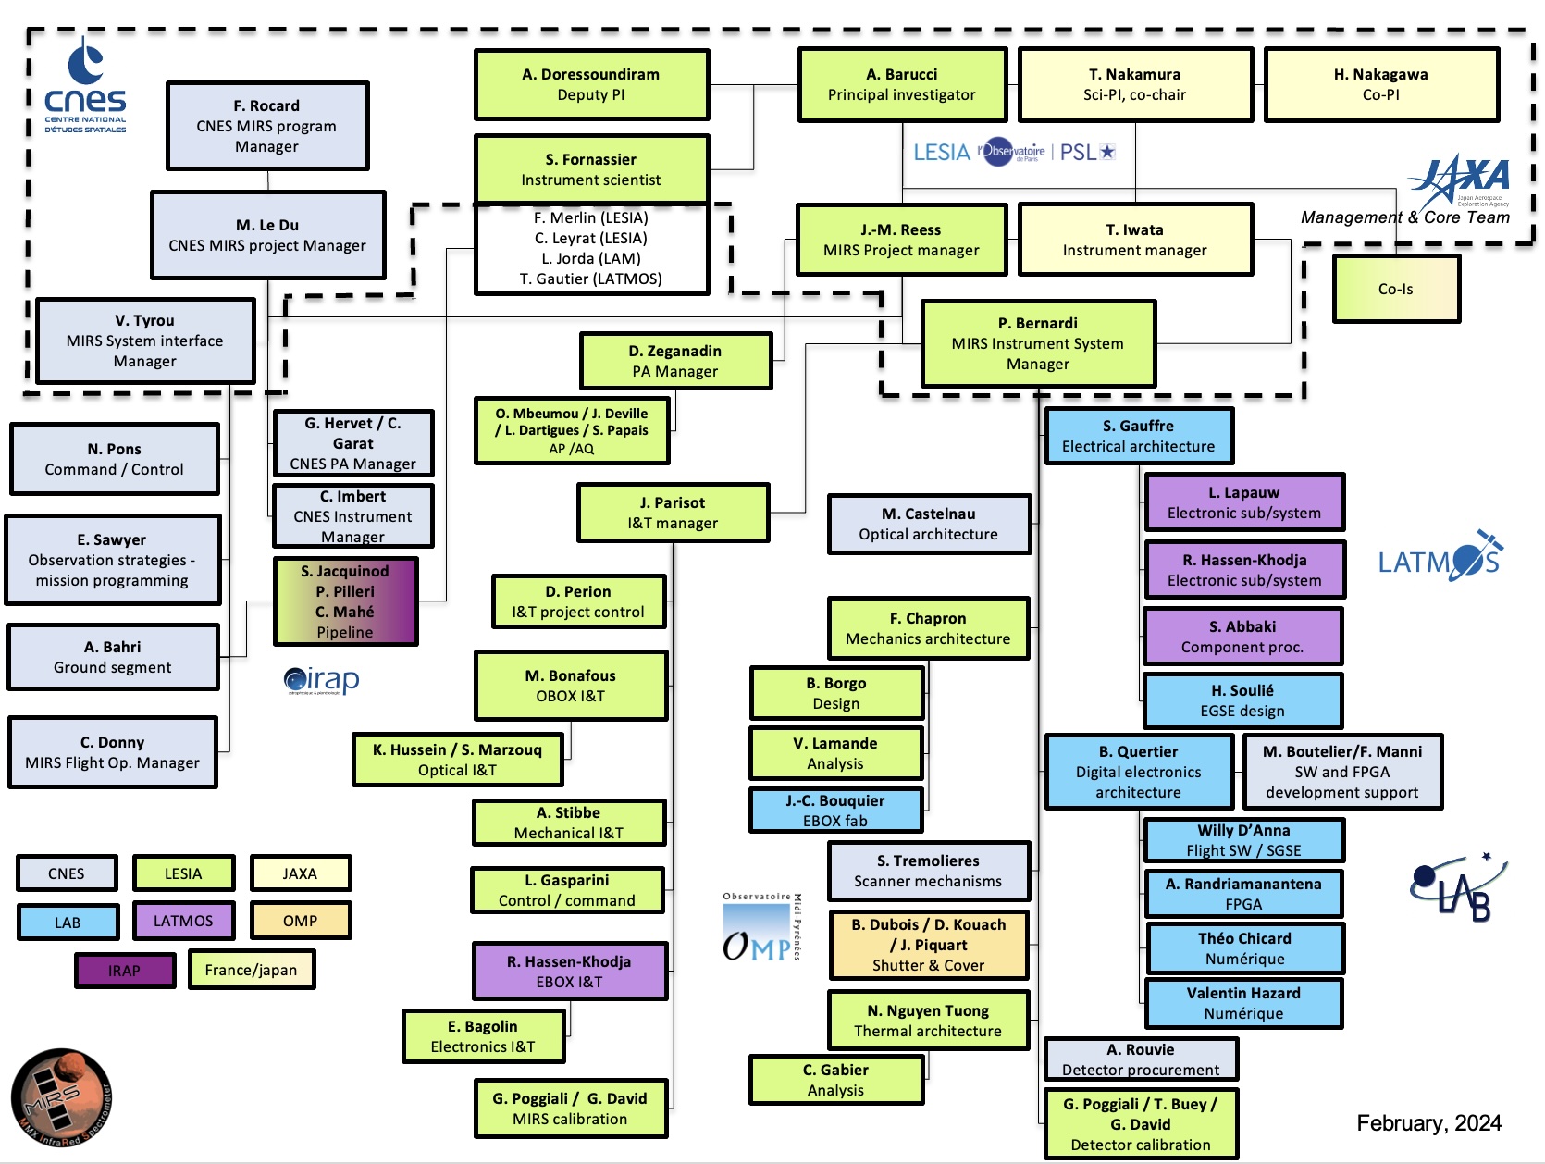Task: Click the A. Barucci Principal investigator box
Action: click(902, 85)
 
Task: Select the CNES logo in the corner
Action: click(85, 87)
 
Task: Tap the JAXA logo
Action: click(1461, 180)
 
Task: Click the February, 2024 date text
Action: click(1428, 1123)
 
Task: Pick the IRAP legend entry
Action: click(124, 971)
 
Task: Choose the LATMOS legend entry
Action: click(182, 921)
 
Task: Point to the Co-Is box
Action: click(1396, 289)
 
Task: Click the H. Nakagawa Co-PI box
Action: click(1380, 85)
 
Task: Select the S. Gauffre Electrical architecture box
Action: click(1139, 436)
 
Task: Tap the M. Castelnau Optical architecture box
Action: click(929, 524)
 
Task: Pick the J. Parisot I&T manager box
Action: click(673, 513)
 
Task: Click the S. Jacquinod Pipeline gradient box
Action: click(345, 601)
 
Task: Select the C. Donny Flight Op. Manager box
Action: click(113, 752)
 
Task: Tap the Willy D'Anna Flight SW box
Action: click(1243, 840)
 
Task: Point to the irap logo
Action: click(322, 681)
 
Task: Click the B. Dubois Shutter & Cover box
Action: click(929, 945)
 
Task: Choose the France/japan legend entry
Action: click(252, 970)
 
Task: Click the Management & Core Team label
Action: click(1404, 217)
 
